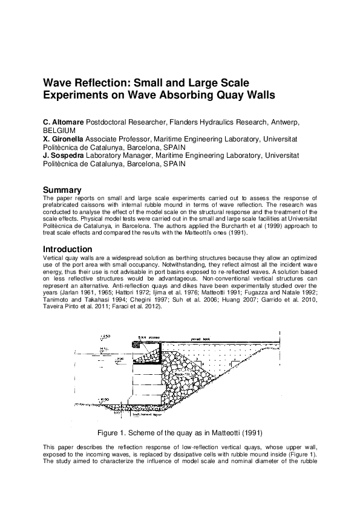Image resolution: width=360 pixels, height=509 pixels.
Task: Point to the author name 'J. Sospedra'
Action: [x=65, y=155]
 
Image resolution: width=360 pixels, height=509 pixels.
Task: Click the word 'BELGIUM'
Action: [x=59, y=130]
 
